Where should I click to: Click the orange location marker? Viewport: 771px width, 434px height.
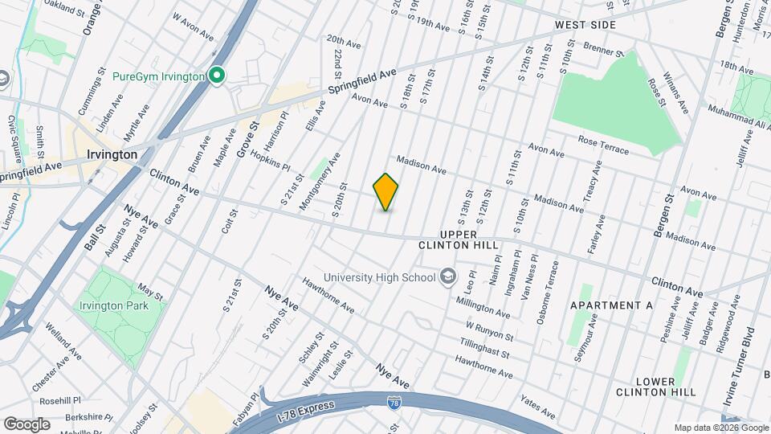pos(385,192)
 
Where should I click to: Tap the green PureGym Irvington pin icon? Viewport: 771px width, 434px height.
pos(216,76)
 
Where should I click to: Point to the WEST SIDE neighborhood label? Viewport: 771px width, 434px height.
pos(585,25)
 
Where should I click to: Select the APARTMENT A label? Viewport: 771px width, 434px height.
pos(611,306)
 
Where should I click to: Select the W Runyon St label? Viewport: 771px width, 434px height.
pos(489,330)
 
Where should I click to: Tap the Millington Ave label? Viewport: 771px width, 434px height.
pos(483,308)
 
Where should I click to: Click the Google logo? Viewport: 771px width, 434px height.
pos(27,424)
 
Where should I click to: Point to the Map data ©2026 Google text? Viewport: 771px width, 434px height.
pos(720,428)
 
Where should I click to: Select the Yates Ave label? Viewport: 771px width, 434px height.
pos(537,407)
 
